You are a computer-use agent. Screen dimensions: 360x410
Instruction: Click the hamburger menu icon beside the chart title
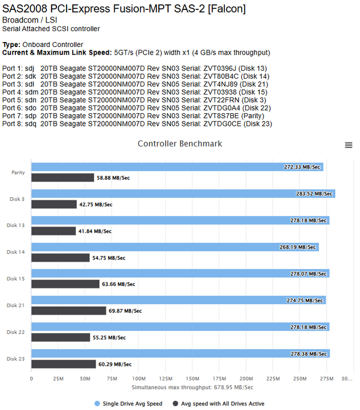(x=349, y=145)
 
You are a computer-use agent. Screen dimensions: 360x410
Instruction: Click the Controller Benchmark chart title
(x=180, y=144)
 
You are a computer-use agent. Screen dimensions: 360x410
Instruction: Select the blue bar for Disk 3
(x=183, y=194)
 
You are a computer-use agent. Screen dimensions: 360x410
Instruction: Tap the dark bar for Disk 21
(x=68, y=311)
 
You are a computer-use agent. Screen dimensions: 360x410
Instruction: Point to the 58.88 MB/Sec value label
(x=113, y=178)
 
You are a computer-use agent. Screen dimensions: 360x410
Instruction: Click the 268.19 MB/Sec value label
(x=298, y=247)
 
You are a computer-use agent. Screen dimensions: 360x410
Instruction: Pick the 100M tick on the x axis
(x=138, y=379)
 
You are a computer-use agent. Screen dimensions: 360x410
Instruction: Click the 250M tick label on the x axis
(x=300, y=379)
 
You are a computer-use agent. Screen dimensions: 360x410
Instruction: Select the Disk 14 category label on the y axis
(x=15, y=252)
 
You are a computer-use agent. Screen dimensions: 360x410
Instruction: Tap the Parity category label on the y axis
(x=18, y=172)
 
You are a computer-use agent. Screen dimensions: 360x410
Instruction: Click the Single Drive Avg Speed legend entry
(x=129, y=403)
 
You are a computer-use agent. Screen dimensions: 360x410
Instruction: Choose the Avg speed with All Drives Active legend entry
(x=219, y=403)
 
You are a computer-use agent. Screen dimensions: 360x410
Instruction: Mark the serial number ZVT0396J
(x=219, y=68)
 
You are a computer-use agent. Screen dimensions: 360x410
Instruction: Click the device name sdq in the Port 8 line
(x=31, y=124)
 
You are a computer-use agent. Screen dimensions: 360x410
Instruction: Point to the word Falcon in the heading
(x=227, y=9)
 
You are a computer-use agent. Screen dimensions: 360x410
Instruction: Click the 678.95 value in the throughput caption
(x=223, y=387)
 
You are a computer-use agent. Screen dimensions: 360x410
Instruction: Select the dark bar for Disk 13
(x=54, y=231)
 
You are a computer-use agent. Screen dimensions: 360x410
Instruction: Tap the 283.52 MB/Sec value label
(x=314, y=194)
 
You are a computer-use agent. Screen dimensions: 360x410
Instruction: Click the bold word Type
(x=11, y=45)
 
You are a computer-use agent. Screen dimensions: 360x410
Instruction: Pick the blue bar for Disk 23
(x=181, y=353)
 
